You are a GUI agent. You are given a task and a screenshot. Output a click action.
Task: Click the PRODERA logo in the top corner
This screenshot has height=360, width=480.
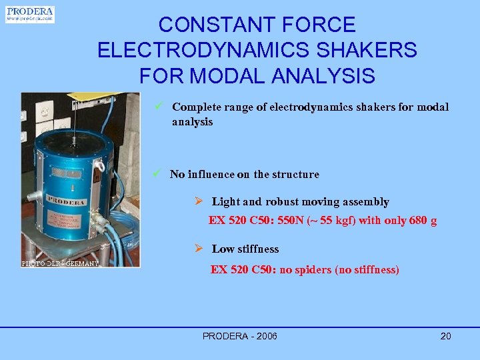tap(29, 14)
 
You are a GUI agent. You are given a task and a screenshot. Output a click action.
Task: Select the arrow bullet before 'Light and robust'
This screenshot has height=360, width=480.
tap(198, 201)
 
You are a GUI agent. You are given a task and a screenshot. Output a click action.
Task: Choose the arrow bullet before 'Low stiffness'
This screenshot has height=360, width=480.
tap(198, 249)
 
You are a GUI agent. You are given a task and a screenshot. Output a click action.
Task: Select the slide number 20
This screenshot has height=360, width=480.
tap(445, 336)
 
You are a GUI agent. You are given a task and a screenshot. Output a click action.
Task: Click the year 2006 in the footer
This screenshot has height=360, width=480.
tap(265, 336)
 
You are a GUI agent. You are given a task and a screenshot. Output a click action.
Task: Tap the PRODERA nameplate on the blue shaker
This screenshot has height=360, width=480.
tap(66, 201)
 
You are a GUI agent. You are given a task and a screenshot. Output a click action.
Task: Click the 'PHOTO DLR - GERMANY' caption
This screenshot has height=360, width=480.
tap(61, 263)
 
